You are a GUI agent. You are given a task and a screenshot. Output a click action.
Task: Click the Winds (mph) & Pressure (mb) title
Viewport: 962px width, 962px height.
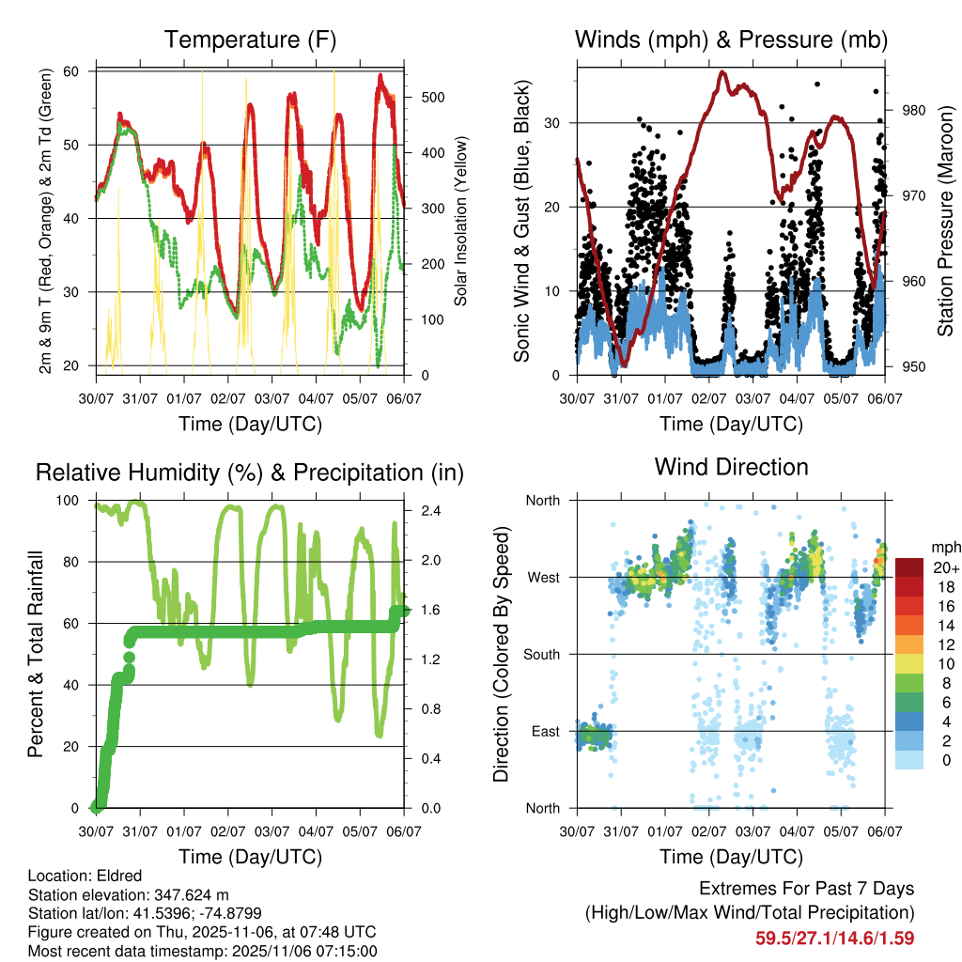tap(731, 39)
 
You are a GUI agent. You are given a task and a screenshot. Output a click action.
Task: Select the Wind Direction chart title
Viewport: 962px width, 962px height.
tap(731, 466)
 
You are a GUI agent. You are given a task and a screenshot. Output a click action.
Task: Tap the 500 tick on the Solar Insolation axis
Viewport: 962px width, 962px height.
tap(432, 98)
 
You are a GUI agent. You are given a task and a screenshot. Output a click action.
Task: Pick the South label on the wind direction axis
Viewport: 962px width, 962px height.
tap(542, 654)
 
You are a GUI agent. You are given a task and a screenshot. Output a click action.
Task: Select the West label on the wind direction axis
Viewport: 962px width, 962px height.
tap(543, 577)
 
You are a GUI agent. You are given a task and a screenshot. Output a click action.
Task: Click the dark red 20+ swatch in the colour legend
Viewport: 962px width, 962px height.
tap(911, 566)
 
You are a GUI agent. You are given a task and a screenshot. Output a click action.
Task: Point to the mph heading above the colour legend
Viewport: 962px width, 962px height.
tap(943, 547)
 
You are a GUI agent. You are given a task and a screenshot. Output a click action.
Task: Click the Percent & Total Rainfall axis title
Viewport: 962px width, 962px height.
tap(35, 654)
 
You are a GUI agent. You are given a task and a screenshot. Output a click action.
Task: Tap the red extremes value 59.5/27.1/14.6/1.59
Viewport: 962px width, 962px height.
tap(834, 938)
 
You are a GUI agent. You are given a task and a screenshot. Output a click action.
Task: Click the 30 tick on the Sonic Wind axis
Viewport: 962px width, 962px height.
tap(553, 123)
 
